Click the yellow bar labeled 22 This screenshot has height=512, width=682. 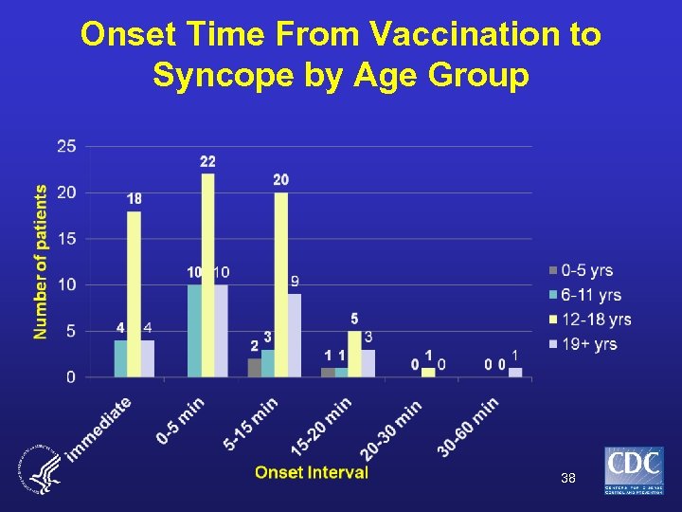(x=207, y=275)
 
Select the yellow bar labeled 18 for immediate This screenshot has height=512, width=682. (x=134, y=294)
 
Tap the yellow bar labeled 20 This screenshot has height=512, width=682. (x=280, y=284)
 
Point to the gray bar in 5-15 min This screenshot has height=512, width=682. (x=254, y=368)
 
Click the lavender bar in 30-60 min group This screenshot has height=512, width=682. (x=515, y=373)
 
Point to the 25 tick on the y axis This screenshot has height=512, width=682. (x=67, y=146)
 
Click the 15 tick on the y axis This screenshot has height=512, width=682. (x=67, y=239)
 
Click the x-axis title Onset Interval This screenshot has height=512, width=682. (x=311, y=472)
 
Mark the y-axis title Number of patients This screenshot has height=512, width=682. (x=41, y=262)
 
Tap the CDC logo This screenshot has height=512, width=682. (x=634, y=471)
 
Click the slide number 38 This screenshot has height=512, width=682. (x=567, y=479)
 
